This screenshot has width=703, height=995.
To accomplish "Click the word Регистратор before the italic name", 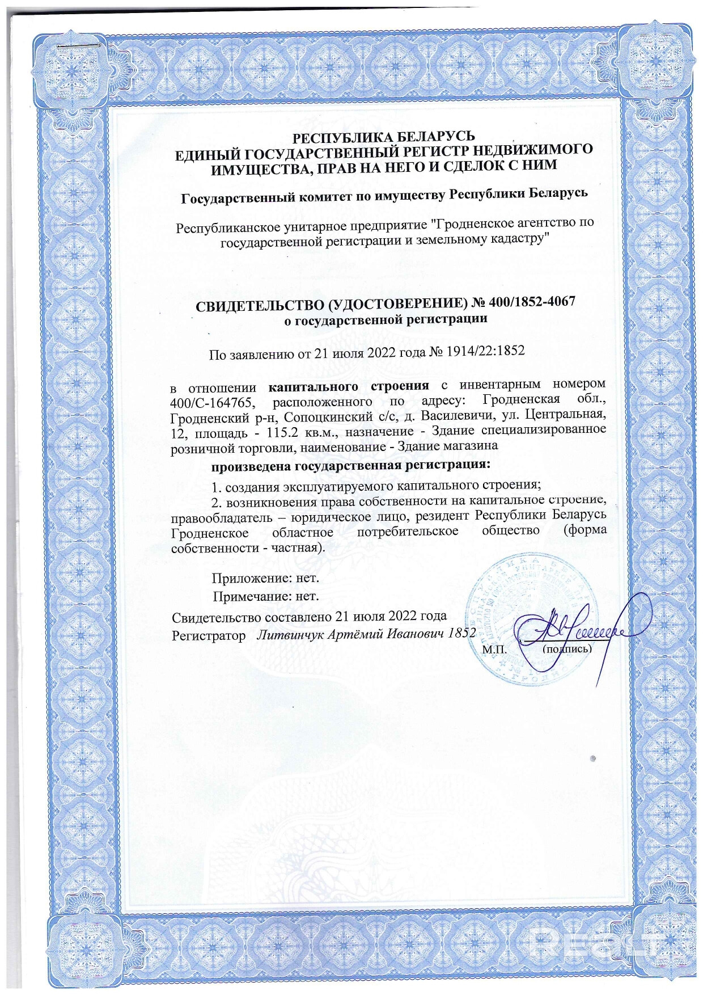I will pos(209,635).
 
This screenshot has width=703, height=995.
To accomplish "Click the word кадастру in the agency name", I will pos(518,238).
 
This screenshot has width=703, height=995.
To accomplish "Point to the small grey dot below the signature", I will pos(593,757).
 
